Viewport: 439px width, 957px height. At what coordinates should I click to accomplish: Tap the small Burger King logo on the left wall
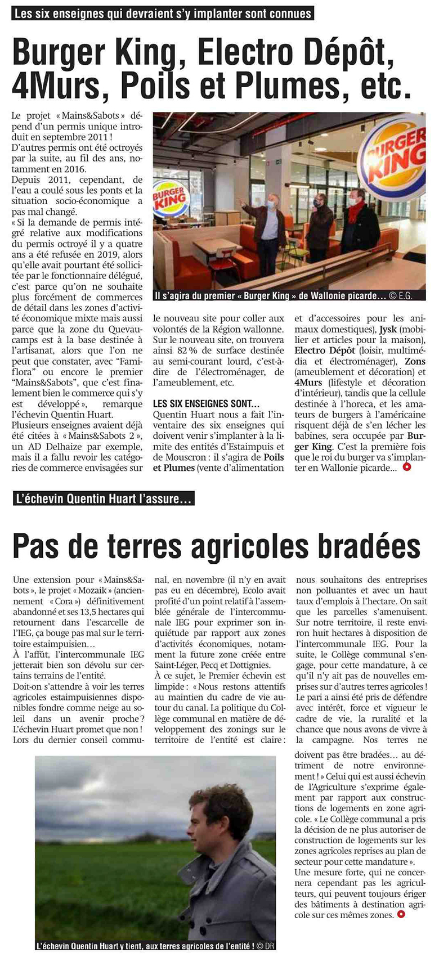click(170, 197)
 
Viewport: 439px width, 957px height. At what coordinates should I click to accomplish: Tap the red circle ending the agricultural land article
click(400, 915)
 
